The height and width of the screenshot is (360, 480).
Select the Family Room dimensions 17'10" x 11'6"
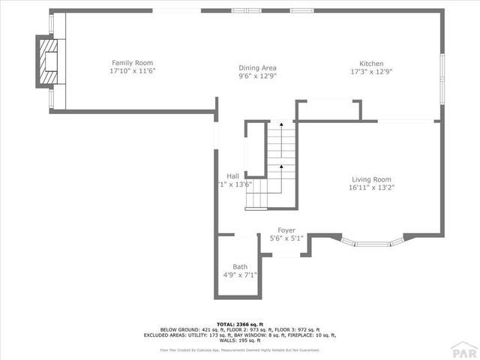click(x=133, y=70)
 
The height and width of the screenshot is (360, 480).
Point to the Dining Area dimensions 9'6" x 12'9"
click(x=257, y=76)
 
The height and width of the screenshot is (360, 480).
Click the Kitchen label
click(x=371, y=63)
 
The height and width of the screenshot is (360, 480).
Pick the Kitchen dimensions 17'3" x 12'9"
click(x=371, y=71)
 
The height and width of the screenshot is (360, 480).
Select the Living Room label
click(x=372, y=179)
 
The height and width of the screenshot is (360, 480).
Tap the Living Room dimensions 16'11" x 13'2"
click(x=372, y=187)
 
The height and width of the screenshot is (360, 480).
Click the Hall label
click(x=233, y=176)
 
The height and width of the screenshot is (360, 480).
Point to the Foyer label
click(x=286, y=230)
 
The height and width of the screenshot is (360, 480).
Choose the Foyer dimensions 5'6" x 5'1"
click(x=286, y=238)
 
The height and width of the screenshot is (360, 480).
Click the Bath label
click(x=240, y=267)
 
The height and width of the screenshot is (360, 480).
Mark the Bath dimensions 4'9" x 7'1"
click(x=240, y=275)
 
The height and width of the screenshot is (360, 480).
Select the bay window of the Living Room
click(x=373, y=243)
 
